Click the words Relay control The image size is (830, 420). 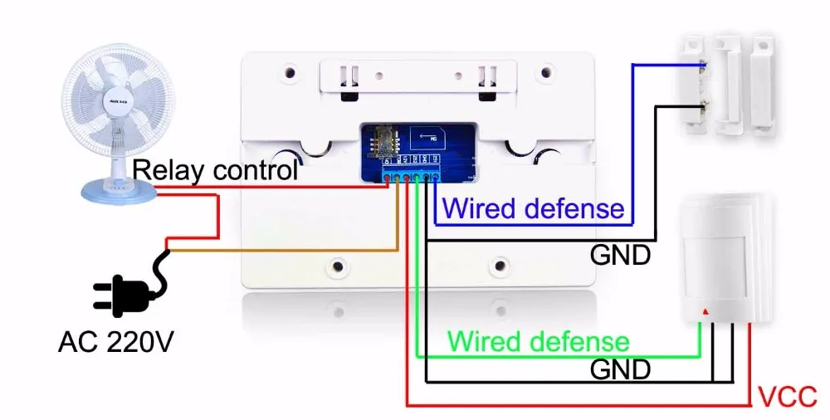(215, 171)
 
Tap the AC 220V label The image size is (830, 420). (115, 340)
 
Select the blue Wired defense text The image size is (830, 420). (533, 208)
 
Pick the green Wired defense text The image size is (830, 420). (538, 341)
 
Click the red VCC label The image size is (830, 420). (788, 397)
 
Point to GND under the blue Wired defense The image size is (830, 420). (619, 255)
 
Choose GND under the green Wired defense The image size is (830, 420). (619, 369)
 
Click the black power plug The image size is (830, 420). (124, 292)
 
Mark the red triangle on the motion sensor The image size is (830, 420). (705, 313)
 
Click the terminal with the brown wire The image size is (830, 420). (398, 176)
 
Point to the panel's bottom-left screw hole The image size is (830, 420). (338, 266)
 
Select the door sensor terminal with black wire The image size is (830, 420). (703, 105)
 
